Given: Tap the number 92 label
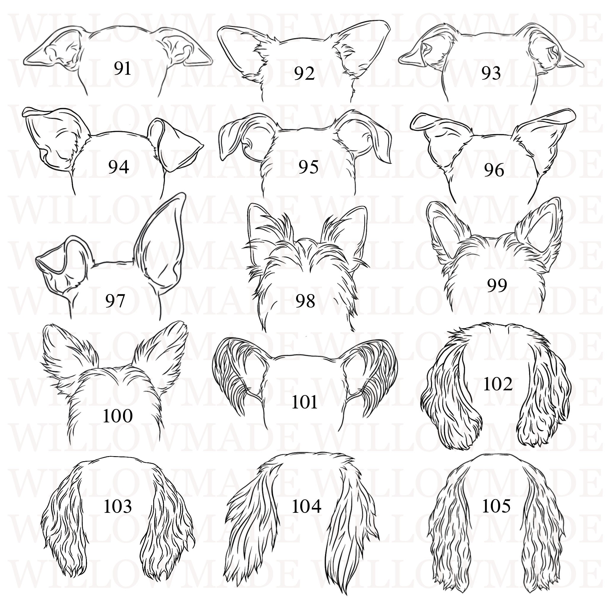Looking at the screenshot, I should coord(304,74).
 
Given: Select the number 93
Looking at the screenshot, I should coord(491,74).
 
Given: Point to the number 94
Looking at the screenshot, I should coord(119,167).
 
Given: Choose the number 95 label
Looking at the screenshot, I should coord(308,167).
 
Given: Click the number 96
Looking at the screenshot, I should coord(494,170).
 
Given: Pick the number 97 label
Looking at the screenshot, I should coord(115,301).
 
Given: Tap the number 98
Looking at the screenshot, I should coord(305,301).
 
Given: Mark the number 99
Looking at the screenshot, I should coord(497,285).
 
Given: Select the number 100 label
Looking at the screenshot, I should coord(118,416).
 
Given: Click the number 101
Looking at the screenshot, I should coord(304,402).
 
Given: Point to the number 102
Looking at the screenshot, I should coord(498,384).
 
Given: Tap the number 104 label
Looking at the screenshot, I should coord(306,507).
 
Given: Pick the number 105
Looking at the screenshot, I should coord(496,506).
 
